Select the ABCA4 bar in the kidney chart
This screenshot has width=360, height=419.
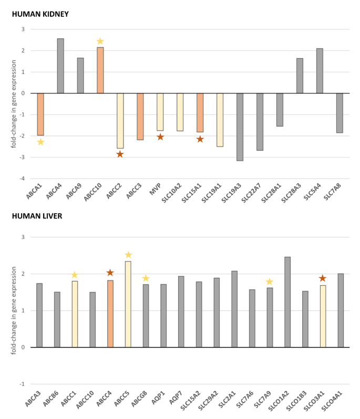60,66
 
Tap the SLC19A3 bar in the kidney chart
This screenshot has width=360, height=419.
240,127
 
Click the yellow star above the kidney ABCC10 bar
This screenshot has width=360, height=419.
100,41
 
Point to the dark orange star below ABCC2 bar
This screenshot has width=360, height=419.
120,154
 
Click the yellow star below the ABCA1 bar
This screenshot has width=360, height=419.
40,142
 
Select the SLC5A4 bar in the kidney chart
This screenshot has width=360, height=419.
320,71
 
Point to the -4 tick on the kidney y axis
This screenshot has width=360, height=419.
22,179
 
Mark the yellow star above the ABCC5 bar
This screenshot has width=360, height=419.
128,255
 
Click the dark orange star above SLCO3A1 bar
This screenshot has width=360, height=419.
323,278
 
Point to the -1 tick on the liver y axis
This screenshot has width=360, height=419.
22,384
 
